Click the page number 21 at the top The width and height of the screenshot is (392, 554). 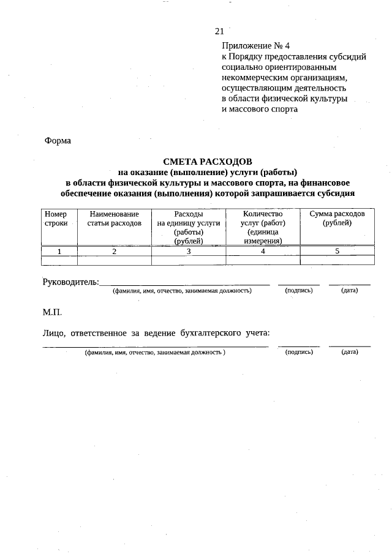click(x=219, y=31)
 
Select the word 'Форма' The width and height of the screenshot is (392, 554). click(x=58, y=141)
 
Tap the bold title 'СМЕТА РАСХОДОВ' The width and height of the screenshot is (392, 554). click(x=207, y=162)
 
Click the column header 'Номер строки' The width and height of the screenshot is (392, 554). click(x=59, y=219)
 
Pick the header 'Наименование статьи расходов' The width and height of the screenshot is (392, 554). click(x=114, y=219)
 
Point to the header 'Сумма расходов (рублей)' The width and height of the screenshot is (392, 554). click(x=337, y=219)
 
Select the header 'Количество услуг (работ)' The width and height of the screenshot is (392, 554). click(x=263, y=223)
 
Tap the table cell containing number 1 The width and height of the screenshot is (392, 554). click(x=59, y=251)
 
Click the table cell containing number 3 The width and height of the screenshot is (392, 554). click(x=188, y=251)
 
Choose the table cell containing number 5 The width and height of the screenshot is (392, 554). click(x=337, y=251)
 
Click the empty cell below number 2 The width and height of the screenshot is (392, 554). click(x=114, y=260)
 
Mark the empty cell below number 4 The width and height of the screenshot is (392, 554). click(x=263, y=260)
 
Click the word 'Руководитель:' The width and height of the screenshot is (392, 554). click(x=70, y=282)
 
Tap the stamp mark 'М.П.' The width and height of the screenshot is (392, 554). click(x=52, y=312)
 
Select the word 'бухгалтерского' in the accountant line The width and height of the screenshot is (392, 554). click(x=206, y=333)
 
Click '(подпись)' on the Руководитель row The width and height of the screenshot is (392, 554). click(x=299, y=290)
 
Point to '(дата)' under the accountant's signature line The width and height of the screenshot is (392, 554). click(x=350, y=352)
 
